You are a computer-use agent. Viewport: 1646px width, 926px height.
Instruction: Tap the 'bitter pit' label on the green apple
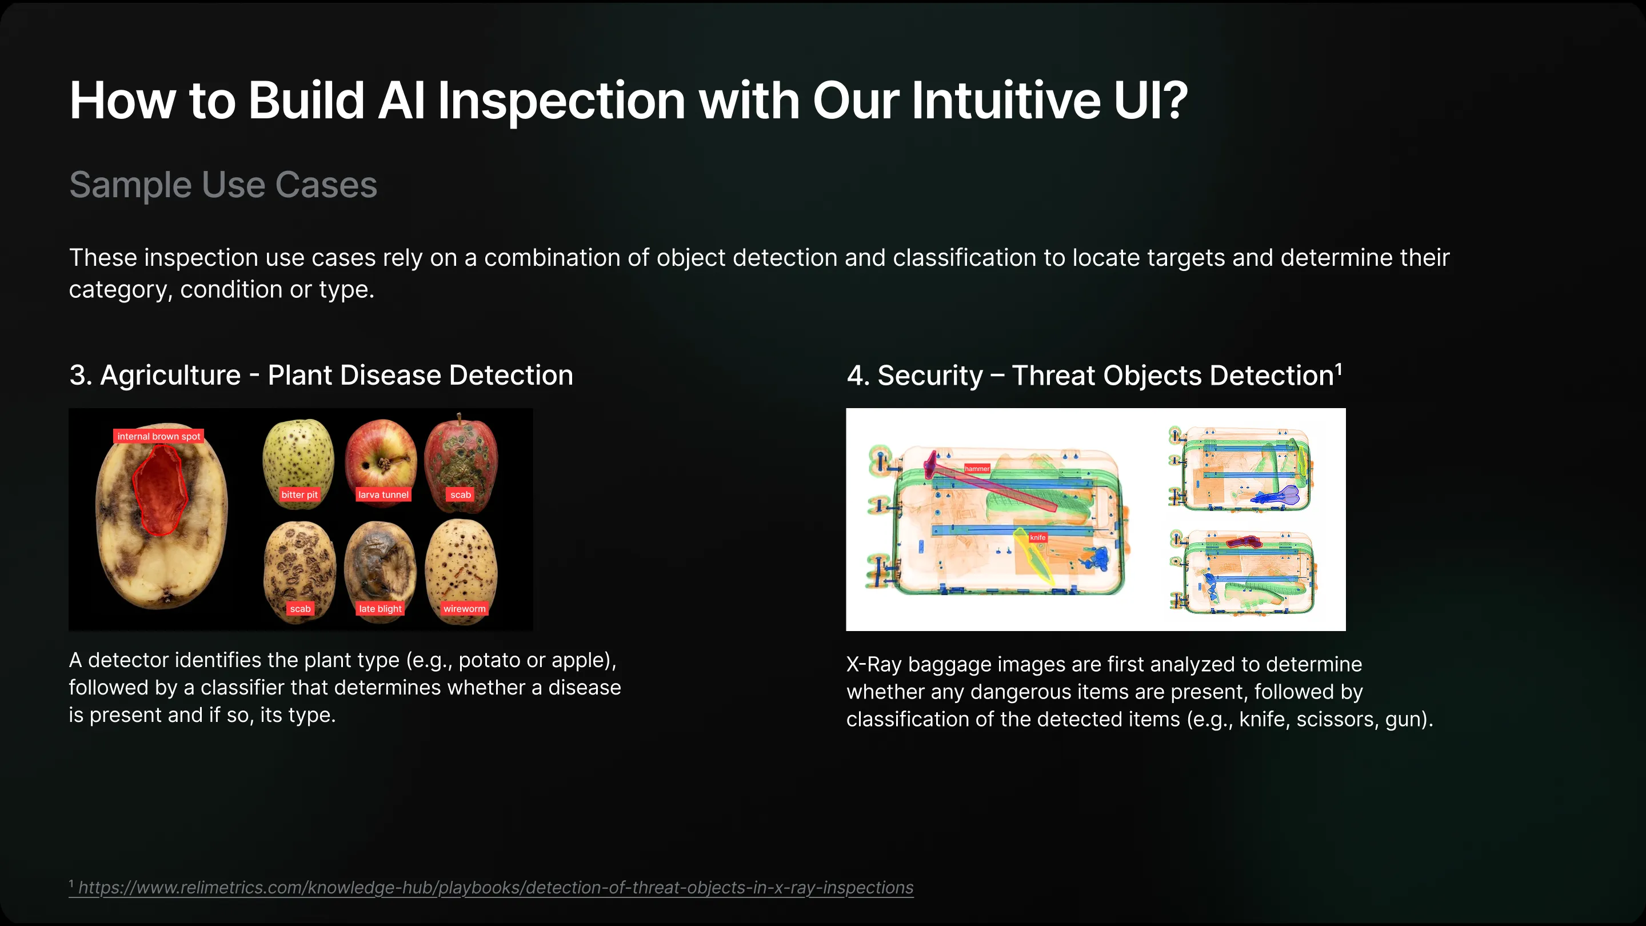(299, 494)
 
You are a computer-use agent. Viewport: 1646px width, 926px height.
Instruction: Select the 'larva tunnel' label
(383, 494)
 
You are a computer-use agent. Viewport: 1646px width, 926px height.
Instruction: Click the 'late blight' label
(380, 608)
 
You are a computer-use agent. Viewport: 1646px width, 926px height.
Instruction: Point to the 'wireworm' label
(465, 608)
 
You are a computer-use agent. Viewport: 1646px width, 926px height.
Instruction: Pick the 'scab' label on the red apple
(460, 494)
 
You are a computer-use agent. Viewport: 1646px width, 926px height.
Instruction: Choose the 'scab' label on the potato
(300, 608)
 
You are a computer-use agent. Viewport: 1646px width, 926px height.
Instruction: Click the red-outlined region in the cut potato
(160, 489)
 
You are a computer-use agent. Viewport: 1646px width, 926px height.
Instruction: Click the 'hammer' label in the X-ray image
(977, 469)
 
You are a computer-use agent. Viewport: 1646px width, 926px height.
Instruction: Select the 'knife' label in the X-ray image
(1038, 537)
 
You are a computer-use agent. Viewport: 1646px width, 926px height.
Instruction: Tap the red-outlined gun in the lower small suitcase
(1243, 542)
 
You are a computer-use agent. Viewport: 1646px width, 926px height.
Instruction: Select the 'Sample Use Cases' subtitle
(223, 185)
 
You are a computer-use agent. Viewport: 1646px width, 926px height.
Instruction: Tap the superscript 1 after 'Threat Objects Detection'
(1339, 369)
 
